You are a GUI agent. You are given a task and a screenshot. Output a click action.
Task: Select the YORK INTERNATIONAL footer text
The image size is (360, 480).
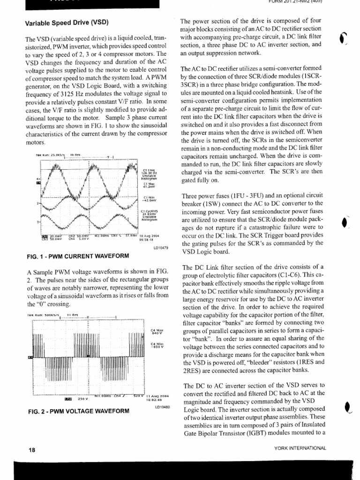pos(300,448)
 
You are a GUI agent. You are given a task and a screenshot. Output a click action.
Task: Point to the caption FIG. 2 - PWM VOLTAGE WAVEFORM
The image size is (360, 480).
pos(78,411)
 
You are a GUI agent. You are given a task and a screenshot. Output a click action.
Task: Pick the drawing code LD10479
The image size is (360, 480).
pos(161,247)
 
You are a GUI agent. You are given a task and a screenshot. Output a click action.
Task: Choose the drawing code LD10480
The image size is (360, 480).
pos(162,407)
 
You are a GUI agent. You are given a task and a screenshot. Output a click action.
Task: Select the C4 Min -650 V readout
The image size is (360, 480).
pos(156,346)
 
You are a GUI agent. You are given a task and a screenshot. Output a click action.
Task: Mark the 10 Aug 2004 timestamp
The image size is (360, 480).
pos(150,236)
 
